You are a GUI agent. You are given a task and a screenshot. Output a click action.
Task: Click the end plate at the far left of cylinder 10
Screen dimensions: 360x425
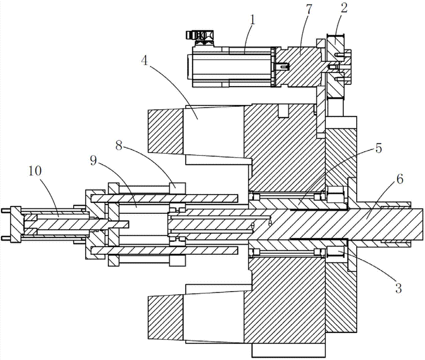(16, 223)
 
